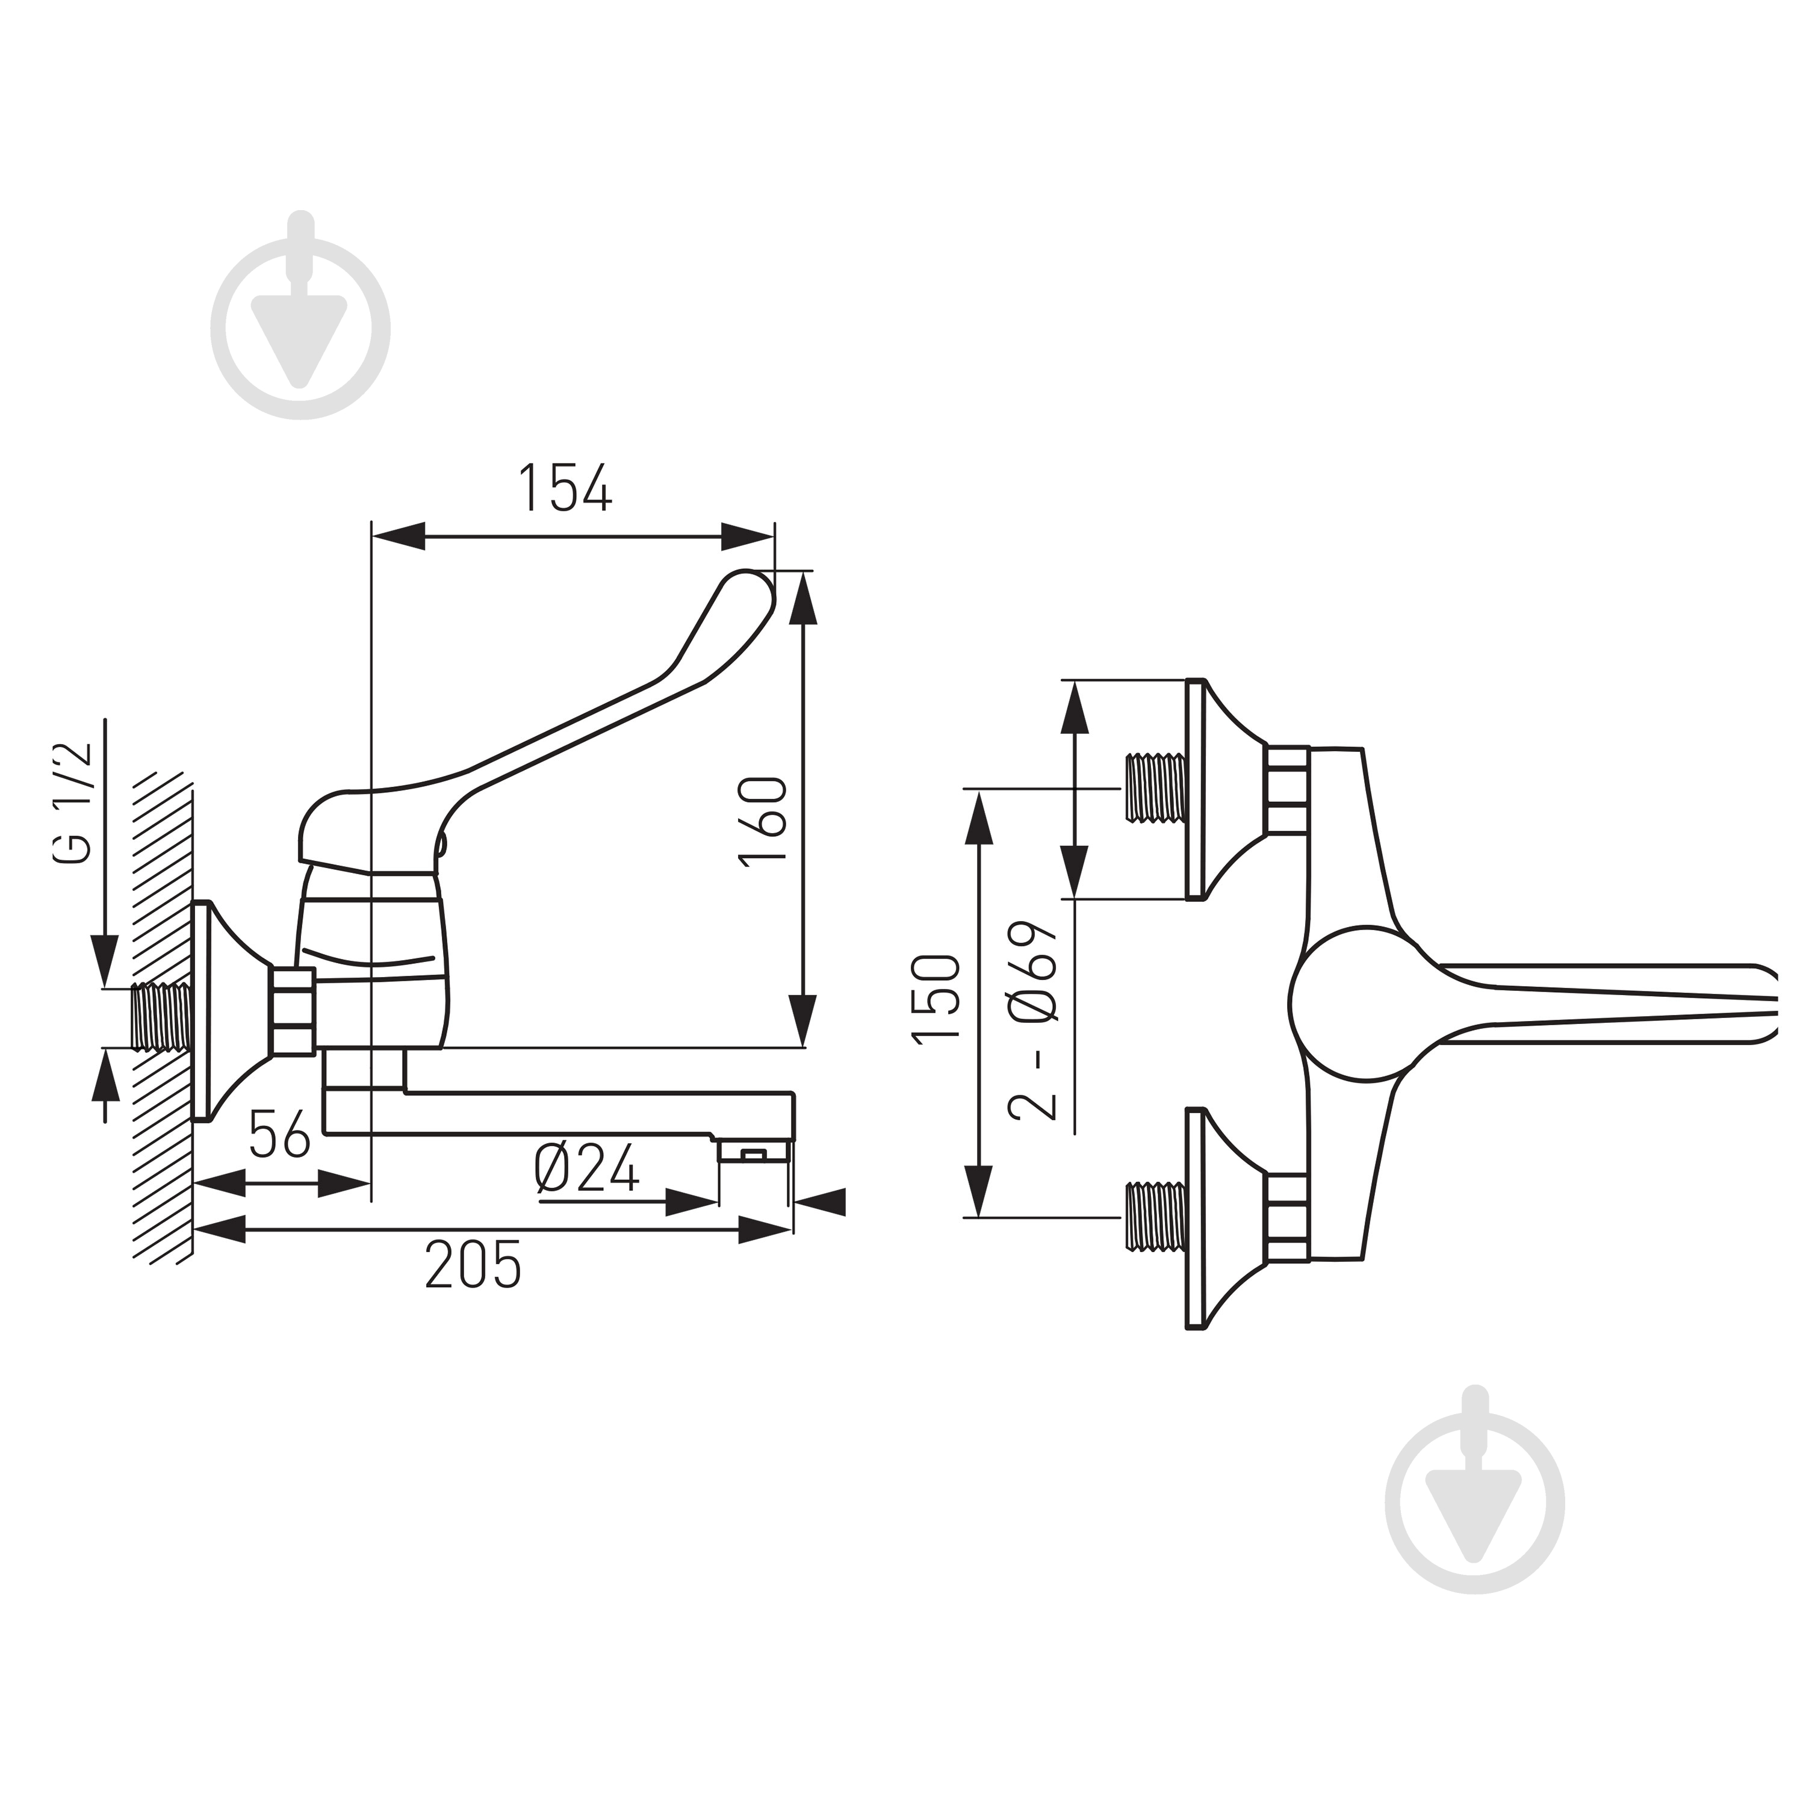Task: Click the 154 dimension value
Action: click(x=565, y=487)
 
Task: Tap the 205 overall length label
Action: click(x=474, y=1265)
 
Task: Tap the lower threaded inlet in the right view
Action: click(x=1156, y=1218)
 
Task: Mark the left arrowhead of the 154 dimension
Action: click(x=398, y=536)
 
